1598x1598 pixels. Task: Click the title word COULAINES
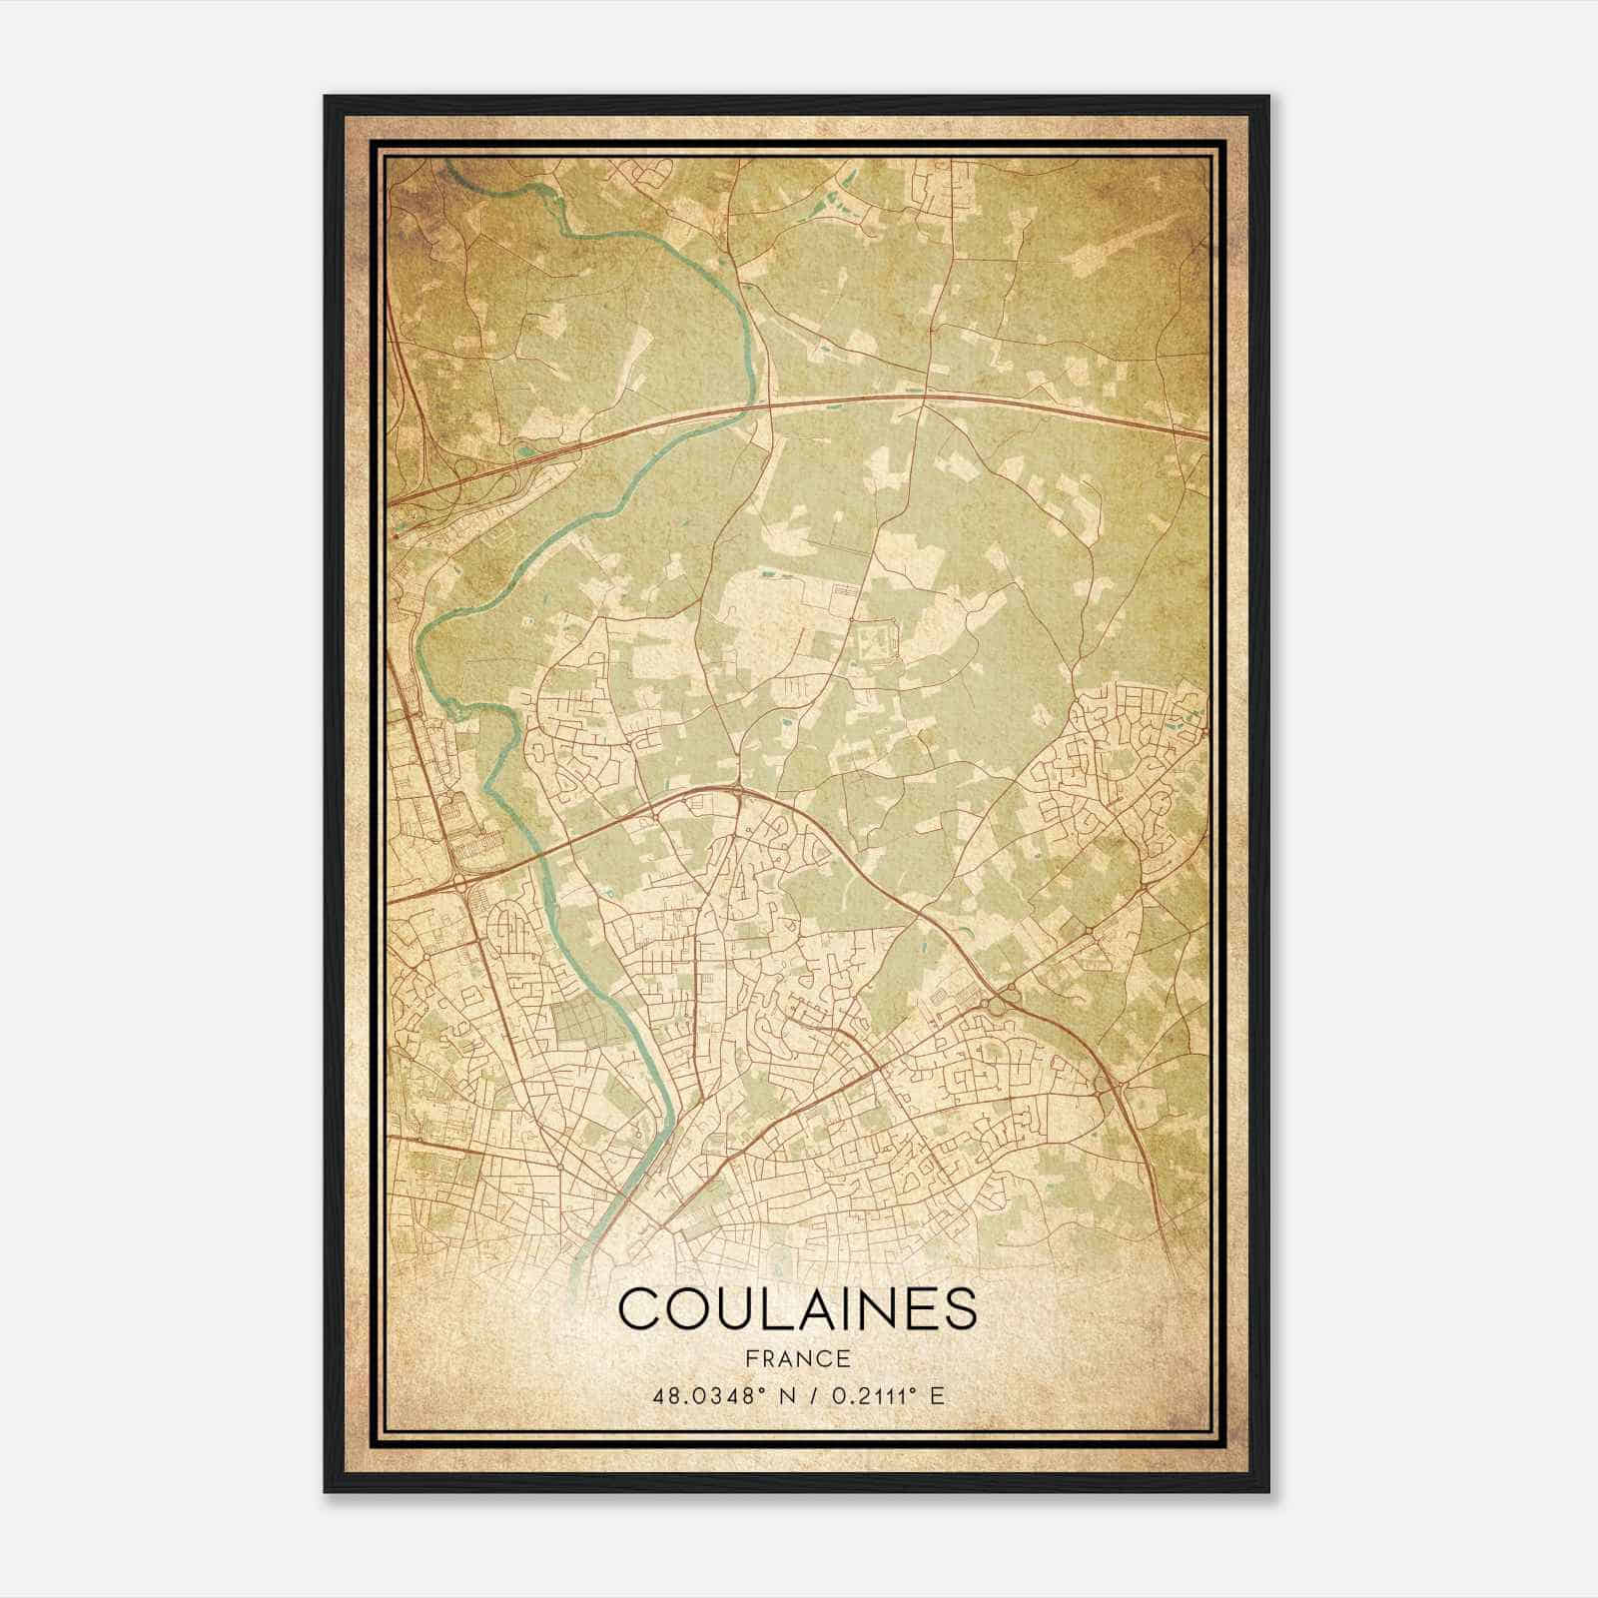[x=796, y=1308]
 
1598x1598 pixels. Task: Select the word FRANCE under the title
[x=796, y=1358]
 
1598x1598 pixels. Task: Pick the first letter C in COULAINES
[x=637, y=1308]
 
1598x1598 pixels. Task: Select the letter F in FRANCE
[x=750, y=1358]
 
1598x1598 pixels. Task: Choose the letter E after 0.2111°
[x=936, y=1395]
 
